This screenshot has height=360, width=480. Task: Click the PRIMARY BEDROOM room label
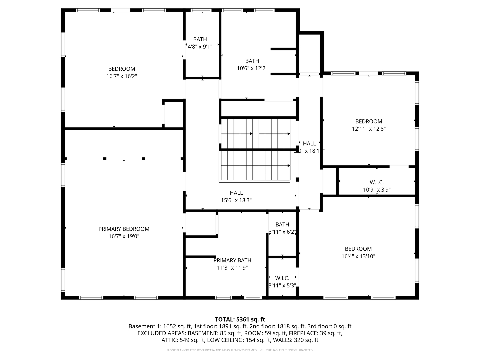(124, 229)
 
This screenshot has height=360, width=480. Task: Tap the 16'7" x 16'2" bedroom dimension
(122, 76)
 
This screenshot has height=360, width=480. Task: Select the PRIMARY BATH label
(232, 260)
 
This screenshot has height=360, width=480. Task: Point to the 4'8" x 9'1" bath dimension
(200, 47)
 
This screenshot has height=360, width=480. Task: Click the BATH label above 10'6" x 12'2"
(252, 61)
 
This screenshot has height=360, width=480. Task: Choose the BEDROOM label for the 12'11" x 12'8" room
(369, 121)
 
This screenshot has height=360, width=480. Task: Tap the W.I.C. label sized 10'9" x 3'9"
(377, 182)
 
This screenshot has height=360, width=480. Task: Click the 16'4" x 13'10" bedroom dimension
(358, 256)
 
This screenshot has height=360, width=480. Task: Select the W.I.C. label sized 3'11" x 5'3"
(282, 278)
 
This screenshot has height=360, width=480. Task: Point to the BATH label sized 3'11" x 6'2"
(282, 224)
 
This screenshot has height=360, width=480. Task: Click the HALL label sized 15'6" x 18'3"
(236, 193)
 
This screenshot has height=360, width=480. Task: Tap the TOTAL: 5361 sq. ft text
(240, 319)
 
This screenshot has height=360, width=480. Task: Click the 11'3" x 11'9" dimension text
(232, 268)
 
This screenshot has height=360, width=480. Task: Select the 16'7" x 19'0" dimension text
(124, 236)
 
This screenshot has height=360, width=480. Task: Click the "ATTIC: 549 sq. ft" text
(183, 340)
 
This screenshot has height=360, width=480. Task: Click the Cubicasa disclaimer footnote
(240, 350)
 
